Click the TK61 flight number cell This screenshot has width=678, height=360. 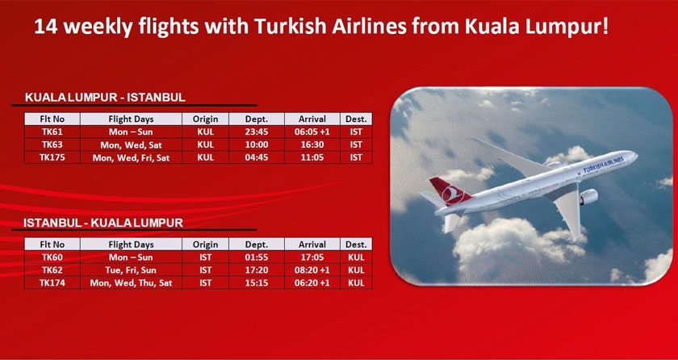(x=52, y=132)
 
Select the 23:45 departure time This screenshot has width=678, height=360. (x=257, y=132)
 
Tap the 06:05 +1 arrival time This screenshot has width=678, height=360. (x=312, y=132)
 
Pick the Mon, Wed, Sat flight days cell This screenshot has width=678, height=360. (x=131, y=144)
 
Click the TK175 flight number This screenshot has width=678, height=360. (x=52, y=157)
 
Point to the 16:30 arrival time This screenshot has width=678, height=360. (x=312, y=144)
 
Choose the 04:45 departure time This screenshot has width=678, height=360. (x=257, y=157)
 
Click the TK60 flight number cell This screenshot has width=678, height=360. (x=52, y=257)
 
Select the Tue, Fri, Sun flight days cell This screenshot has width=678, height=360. (x=131, y=270)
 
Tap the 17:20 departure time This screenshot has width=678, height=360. (x=257, y=270)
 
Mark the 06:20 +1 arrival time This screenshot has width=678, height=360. (x=312, y=283)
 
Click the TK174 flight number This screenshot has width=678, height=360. (x=52, y=283)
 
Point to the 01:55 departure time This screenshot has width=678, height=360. (x=257, y=257)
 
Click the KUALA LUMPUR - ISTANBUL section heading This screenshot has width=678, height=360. (x=105, y=98)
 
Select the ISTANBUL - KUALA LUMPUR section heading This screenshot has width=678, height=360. (x=103, y=223)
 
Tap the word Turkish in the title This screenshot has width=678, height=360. (x=288, y=27)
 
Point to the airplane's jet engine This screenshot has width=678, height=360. (x=588, y=197)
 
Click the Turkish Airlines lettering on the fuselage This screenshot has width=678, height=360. (x=604, y=164)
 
